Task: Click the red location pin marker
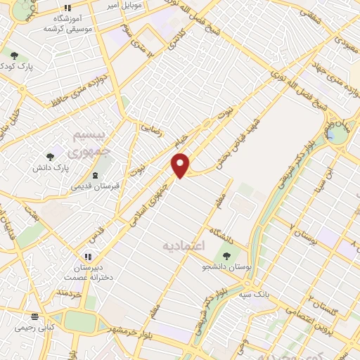coord(181,165)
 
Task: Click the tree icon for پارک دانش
coord(49,157)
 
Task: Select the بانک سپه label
coord(253,292)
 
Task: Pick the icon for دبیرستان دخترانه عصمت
coord(88,257)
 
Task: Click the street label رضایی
coord(151,129)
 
